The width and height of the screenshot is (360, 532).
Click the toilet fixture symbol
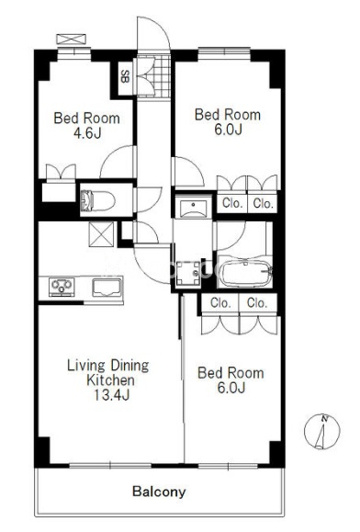(97, 201)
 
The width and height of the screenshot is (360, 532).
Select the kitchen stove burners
(62, 287)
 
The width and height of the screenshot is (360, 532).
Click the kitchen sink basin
(107, 287)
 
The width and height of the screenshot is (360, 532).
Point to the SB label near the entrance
(125, 76)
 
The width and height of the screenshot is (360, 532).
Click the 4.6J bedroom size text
(87, 133)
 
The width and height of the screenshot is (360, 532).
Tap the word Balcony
(159, 492)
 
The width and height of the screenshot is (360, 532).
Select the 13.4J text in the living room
(111, 395)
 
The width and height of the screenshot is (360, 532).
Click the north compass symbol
(321, 432)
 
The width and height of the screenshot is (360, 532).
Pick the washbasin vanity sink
(193, 209)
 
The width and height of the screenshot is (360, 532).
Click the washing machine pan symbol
(188, 273)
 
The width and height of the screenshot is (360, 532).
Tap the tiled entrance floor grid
(153, 76)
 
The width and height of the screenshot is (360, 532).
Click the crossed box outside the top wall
(72, 39)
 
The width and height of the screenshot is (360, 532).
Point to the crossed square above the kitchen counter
(101, 234)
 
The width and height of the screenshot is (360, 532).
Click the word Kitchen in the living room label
(111, 380)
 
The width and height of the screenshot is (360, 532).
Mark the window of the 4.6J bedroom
(73, 51)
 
